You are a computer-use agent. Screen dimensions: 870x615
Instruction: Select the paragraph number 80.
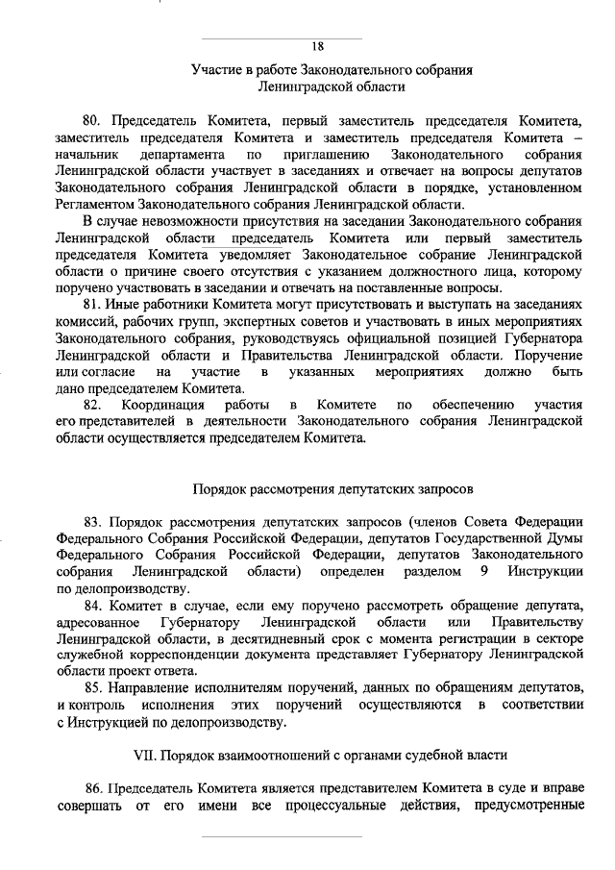[93, 121]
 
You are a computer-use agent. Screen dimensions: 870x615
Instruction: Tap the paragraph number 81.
[92, 302]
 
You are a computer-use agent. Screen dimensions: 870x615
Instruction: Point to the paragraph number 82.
[93, 405]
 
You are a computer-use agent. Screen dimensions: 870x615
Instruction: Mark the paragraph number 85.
[93, 688]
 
